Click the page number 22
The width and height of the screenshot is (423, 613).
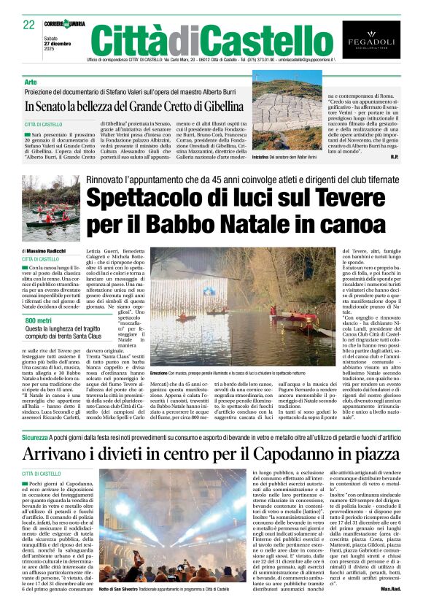point(29,26)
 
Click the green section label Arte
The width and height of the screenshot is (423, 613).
point(30,82)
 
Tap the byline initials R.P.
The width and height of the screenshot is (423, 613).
point(394,157)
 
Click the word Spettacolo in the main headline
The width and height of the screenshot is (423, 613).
point(163,196)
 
